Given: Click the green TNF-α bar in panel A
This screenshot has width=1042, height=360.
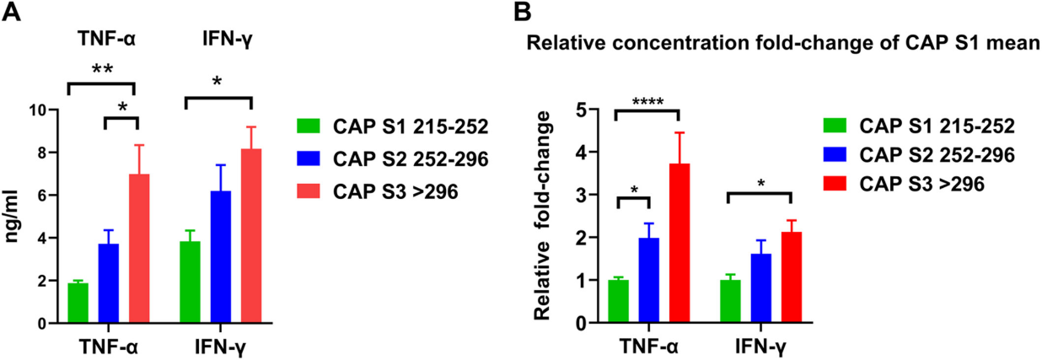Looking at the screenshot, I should [78, 303].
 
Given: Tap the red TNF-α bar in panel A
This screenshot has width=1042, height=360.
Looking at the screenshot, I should [138, 249].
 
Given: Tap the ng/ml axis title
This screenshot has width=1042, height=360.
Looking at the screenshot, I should [14, 217].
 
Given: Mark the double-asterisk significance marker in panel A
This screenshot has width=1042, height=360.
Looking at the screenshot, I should [101, 71].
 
